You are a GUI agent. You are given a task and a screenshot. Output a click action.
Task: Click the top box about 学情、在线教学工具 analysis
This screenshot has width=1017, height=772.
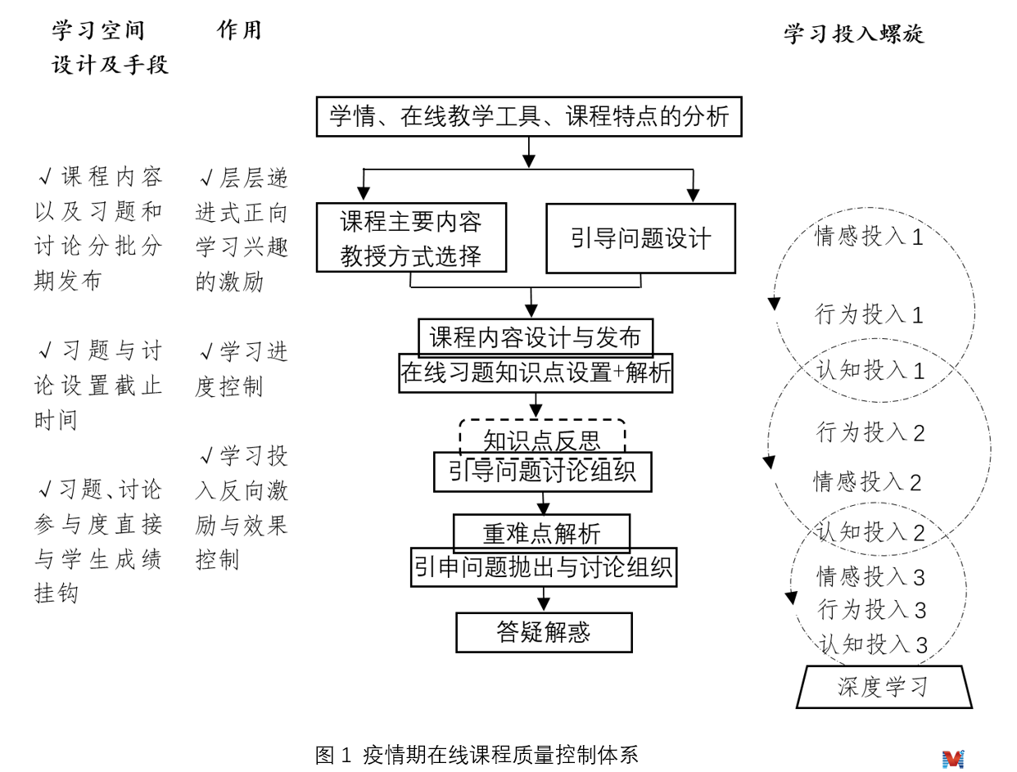point(529,116)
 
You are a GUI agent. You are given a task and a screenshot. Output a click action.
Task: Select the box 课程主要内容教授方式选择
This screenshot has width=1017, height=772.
point(411,237)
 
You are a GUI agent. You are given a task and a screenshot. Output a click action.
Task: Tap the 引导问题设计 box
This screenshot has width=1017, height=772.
point(640,238)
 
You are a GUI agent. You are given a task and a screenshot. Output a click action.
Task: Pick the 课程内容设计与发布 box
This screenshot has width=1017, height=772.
point(536,336)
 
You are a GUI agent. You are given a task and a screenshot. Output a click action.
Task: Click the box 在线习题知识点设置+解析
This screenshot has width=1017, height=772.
point(536,373)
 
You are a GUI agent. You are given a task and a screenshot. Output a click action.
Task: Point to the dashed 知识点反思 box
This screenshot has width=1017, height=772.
point(542,436)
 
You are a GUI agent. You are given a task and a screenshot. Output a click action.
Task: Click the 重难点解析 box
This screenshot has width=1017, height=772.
point(541,532)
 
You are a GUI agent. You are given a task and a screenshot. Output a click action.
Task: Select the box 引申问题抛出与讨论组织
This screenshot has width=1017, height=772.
point(544,567)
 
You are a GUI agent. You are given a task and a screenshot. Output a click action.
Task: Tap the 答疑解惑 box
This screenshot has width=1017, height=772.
point(544,632)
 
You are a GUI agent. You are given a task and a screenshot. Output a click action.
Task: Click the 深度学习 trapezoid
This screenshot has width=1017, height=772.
point(884,687)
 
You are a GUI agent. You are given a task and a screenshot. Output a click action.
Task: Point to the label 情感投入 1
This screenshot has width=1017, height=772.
point(869,237)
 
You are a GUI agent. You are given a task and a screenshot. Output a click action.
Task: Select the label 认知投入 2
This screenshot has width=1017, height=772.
point(870,533)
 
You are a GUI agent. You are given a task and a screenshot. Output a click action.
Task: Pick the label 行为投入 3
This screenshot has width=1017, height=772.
point(872,610)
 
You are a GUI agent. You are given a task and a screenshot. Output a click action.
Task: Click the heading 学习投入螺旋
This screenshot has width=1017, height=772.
point(854,34)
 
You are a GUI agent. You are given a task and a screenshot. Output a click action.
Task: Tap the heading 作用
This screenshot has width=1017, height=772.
point(240,30)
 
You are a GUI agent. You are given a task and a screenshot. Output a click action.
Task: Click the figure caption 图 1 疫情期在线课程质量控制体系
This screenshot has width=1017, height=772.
point(476,755)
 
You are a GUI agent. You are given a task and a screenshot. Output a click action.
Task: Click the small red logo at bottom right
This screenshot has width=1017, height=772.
point(953,759)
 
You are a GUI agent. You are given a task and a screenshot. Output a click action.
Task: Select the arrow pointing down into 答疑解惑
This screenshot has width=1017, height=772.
point(544,602)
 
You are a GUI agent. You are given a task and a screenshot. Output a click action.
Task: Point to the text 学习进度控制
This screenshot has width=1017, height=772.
point(242,369)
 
